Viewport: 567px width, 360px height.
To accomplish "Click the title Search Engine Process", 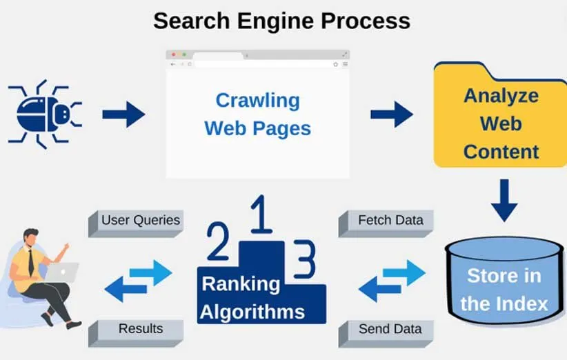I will tap(281, 20).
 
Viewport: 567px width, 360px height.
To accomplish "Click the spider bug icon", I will tap(46, 114).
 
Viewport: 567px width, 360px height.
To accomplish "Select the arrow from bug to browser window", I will tap(123, 114).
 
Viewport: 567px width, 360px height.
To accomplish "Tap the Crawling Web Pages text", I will tap(257, 114).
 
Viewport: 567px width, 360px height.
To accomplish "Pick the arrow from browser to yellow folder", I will tap(391, 114).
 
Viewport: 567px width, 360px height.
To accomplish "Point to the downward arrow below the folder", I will tap(504, 200).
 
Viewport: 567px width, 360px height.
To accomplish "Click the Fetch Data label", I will tap(390, 221).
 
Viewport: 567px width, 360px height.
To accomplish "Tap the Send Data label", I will tap(390, 329).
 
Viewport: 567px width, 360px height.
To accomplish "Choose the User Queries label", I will tap(140, 221).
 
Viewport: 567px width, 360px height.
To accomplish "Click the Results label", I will tap(140, 329).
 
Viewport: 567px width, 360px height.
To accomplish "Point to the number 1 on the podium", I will tap(259, 216).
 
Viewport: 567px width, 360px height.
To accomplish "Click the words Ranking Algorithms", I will tap(252, 297).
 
